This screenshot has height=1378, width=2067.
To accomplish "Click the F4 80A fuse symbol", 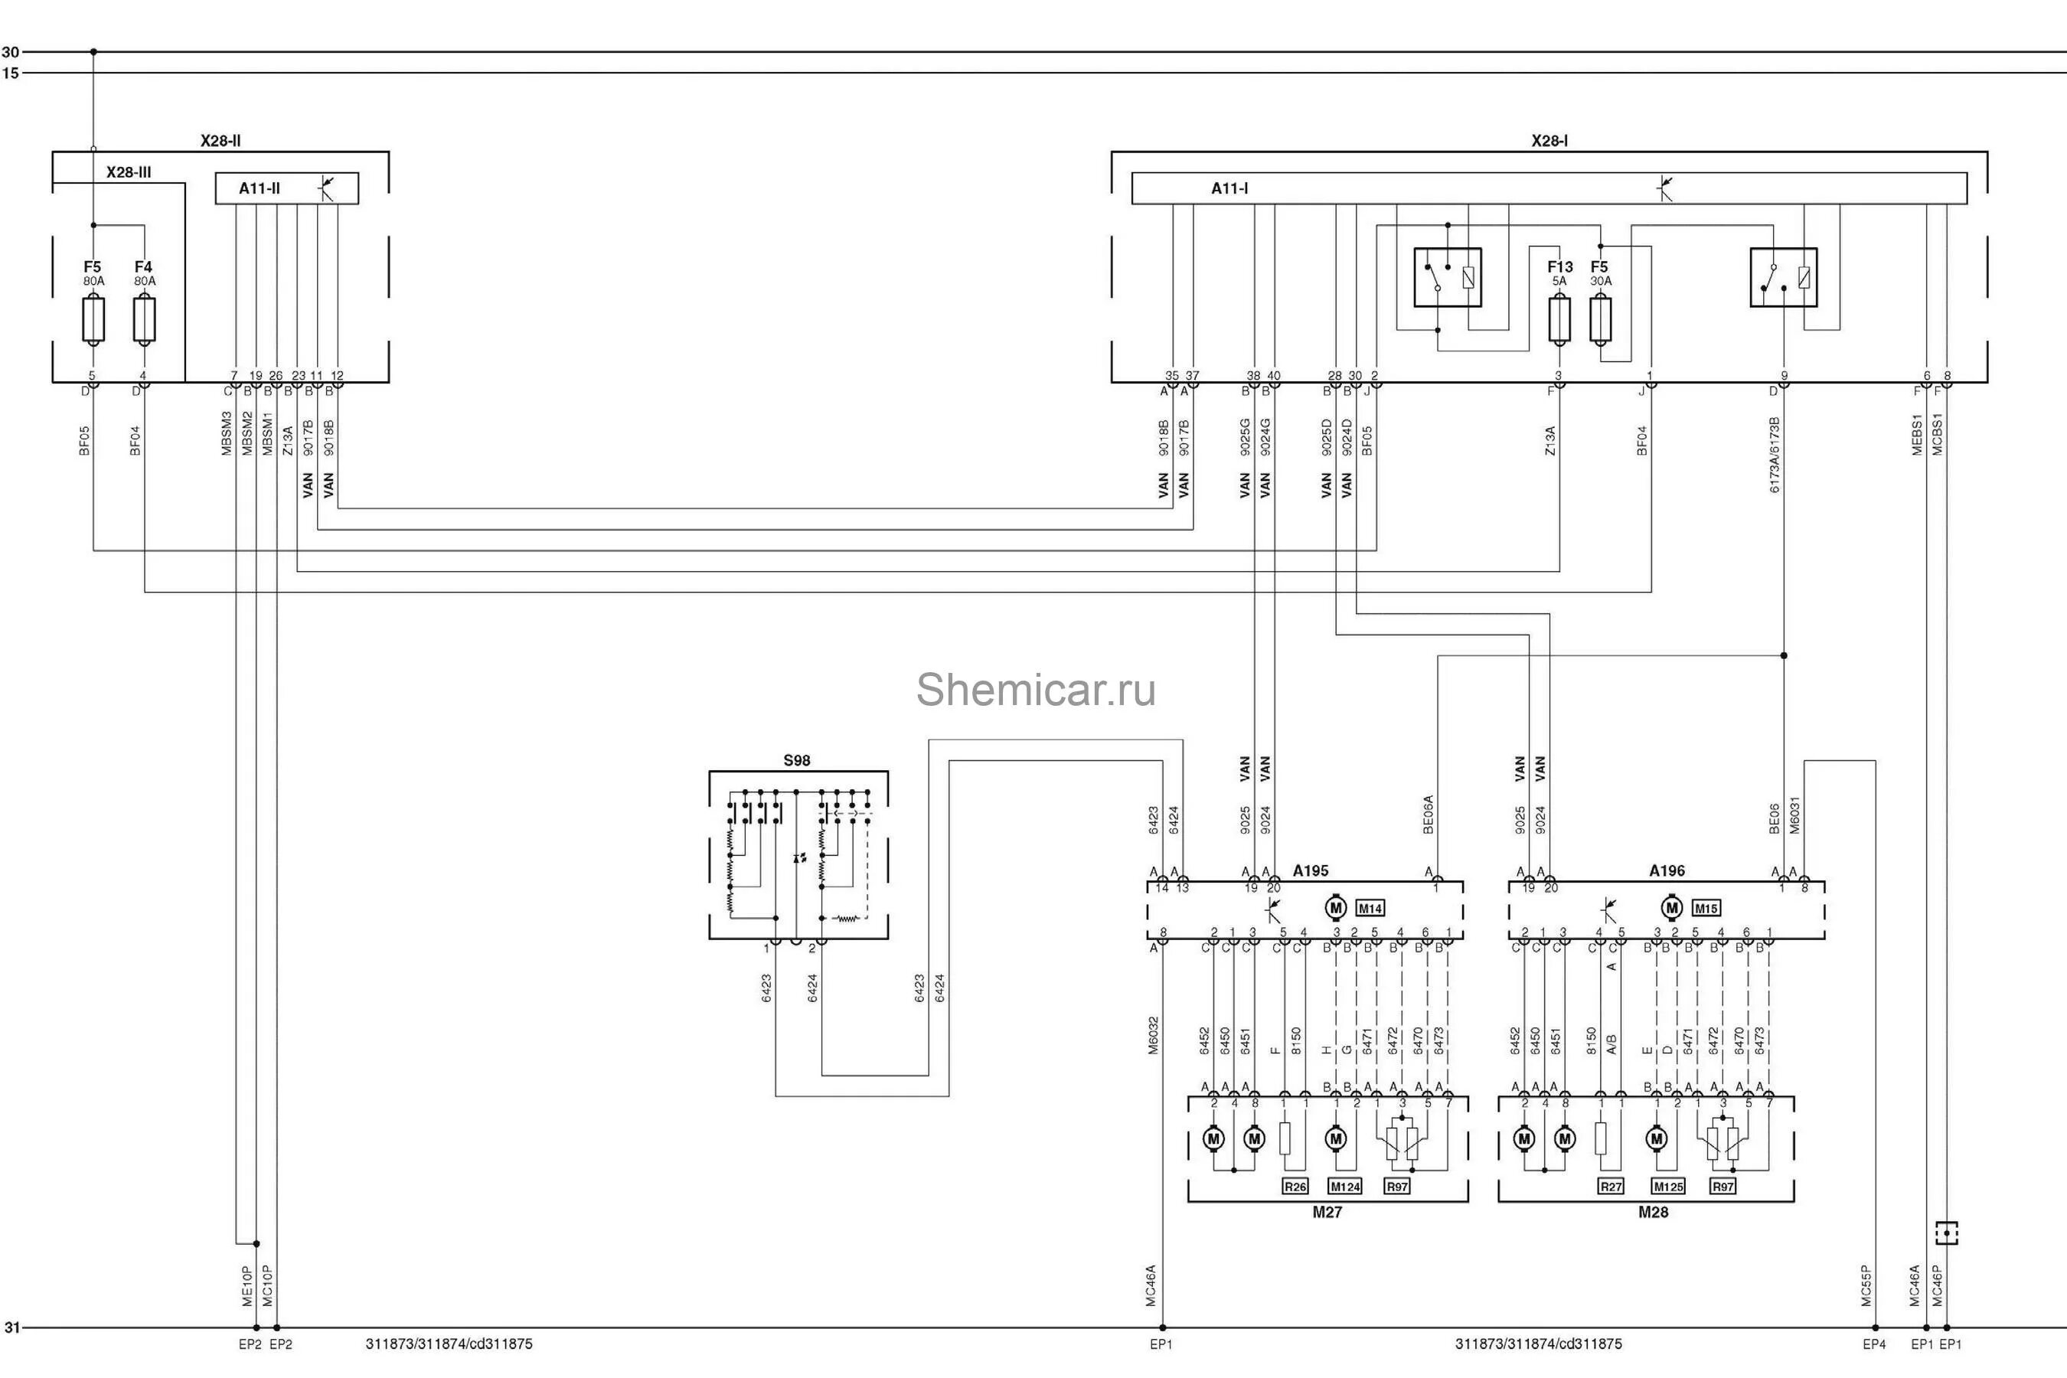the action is tap(144, 320).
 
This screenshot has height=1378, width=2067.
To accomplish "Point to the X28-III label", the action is tap(129, 172).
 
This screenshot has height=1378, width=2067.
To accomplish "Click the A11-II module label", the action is tap(260, 188).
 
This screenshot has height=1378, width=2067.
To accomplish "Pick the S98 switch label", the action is tap(796, 760).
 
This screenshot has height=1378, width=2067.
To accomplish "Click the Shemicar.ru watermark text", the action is tap(1035, 690).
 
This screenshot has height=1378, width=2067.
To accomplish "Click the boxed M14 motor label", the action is tap(1370, 908).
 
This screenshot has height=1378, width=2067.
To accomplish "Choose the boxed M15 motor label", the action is tap(1706, 908).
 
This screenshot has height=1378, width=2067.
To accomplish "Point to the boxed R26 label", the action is tap(1295, 1187).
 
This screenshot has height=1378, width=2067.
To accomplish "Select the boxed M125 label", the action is tap(1668, 1187).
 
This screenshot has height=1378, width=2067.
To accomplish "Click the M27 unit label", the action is tap(1327, 1212).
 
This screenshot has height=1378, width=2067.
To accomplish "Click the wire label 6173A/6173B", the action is tap(1775, 454).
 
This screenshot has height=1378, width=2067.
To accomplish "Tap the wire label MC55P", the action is tap(1866, 1285).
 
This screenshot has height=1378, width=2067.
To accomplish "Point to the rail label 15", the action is tap(11, 73).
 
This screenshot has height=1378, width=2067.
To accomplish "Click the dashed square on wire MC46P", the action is tap(1947, 1233).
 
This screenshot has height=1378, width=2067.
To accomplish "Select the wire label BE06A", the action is tap(1427, 815).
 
